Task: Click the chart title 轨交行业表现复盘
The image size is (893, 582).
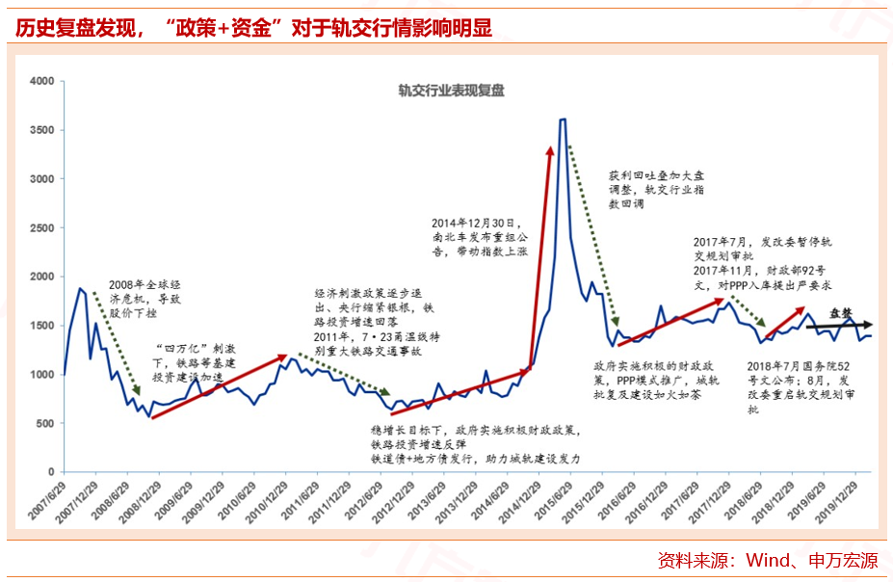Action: (452, 92)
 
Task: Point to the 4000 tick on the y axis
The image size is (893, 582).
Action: (41, 81)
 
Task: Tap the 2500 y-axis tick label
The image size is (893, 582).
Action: (41, 227)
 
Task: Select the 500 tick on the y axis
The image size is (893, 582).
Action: (45, 423)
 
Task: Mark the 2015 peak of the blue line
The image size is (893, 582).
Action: (563, 119)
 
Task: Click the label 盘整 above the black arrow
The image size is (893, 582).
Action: (841, 313)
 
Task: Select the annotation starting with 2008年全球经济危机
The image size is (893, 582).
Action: (145, 299)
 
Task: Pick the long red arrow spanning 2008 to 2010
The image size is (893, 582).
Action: (218, 385)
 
